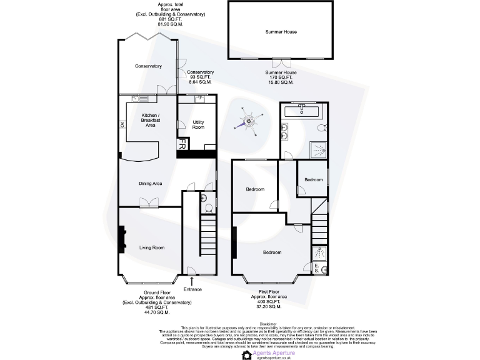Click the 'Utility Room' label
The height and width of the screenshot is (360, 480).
tap(198, 124)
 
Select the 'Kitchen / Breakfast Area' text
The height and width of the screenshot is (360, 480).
tap(150, 120)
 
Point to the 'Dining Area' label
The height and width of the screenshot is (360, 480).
tap(150, 183)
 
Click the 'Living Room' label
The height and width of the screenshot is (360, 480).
tap(151, 247)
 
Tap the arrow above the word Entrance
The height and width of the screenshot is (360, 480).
tap(192, 281)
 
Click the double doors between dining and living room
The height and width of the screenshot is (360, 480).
tap(148, 202)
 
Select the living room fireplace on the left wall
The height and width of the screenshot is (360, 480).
tap(122, 240)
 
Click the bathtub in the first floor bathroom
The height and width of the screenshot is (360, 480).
tap(302, 111)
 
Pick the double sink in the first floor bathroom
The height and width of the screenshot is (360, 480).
tap(286, 132)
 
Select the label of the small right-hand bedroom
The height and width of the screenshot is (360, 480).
tap(313, 180)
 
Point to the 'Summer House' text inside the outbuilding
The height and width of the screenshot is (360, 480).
tap(281, 31)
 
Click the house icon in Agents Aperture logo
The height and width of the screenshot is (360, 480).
tap(246, 354)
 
